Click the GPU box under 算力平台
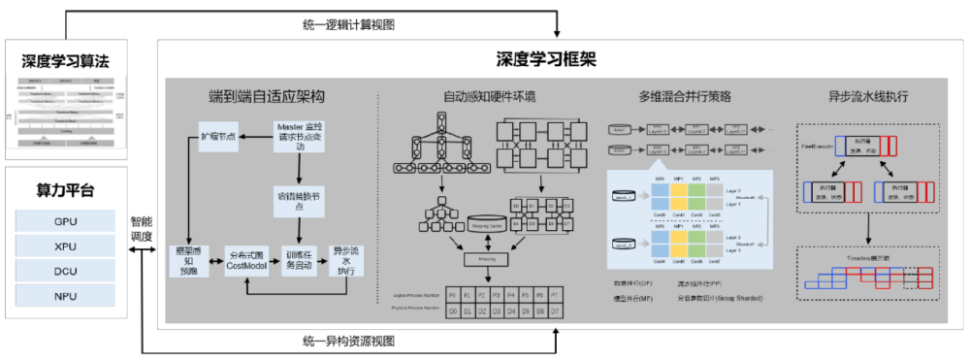coord(65,221)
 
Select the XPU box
coord(65,246)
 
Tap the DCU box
coord(65,271)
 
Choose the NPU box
coord(65,295)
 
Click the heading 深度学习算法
coord(66,61)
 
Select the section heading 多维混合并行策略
coord(684,97)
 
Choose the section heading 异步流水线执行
coord(868,97)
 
